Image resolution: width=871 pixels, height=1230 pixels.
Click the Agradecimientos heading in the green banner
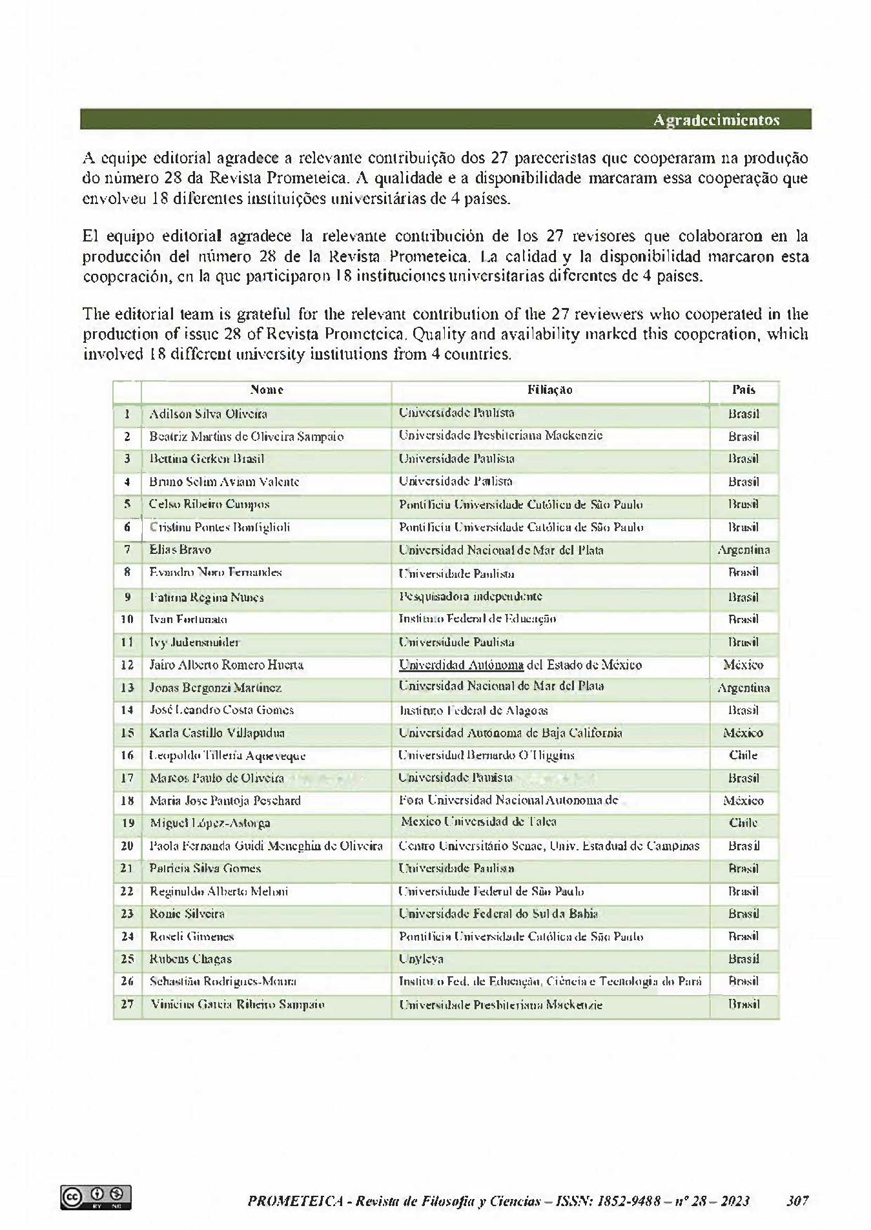click(x=716, y=120)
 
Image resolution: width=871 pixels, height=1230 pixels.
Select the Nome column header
click(x=267, y=390)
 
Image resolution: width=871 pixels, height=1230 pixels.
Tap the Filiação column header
click(x=550, y=390)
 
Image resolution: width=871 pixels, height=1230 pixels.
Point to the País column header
click(x=744, y=390)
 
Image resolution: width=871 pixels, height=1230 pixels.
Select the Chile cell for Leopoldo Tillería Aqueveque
click(x=743, y=755)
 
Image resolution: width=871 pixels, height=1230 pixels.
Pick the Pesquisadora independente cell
click(x=471, y=597)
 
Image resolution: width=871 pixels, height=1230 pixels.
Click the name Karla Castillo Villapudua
click(x=217, y=733)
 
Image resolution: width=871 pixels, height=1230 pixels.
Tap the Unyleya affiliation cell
click(x=421, y=959)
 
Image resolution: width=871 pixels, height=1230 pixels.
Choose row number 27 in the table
click(x=127, y=1004)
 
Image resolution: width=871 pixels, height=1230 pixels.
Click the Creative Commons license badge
click(x=96, y=1196)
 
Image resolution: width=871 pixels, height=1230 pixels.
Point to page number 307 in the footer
click(x=797, y=1201)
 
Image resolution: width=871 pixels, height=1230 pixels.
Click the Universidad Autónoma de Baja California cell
click(x=511, y=733)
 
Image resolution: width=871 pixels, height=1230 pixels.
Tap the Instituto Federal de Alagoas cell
click(x=473, y=710)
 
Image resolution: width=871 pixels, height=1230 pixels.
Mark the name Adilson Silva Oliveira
click(x=208, y=414)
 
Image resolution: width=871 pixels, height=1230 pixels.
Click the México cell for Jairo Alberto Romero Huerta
click(x=743, y=665)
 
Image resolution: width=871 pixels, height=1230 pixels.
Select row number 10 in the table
click(x=127, y=619)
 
